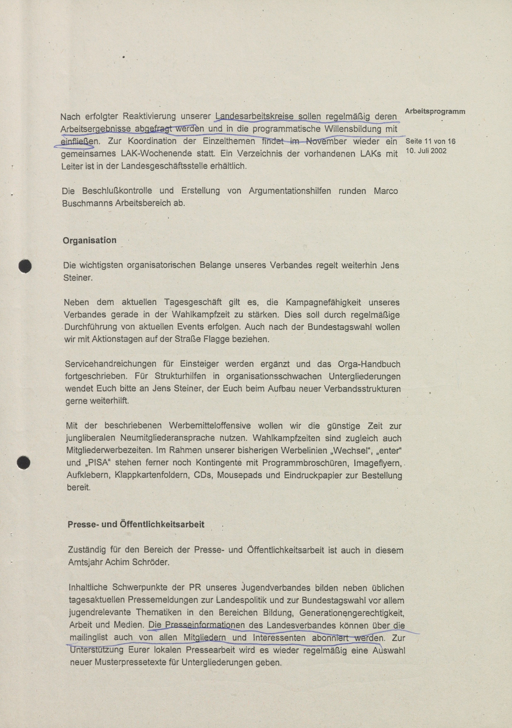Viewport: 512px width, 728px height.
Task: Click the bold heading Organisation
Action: pos(89,240)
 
